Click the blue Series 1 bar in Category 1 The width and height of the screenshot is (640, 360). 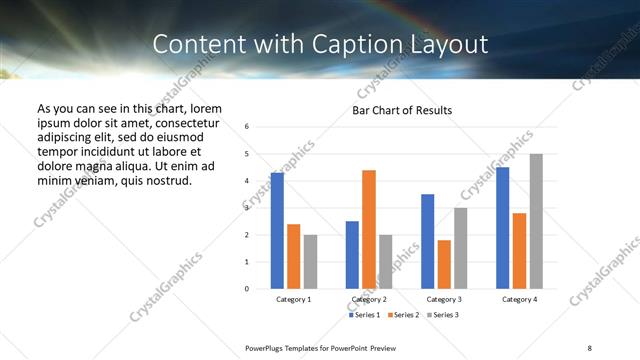[277, 230]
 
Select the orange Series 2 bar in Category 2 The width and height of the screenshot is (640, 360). [369, 229]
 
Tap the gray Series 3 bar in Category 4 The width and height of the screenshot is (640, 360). [536, 221]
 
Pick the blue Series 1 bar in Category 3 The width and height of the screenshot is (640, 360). [427, 241]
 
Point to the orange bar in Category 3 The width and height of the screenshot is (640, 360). [444, 264]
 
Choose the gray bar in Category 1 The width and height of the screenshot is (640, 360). [310, 261]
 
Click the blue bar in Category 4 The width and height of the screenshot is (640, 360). [502, 228]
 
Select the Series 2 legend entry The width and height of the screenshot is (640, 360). [403, 315]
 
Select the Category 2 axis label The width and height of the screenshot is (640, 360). [369, 299]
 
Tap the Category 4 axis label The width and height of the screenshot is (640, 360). [519, 299]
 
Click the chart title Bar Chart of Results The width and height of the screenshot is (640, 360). [402, 110]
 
